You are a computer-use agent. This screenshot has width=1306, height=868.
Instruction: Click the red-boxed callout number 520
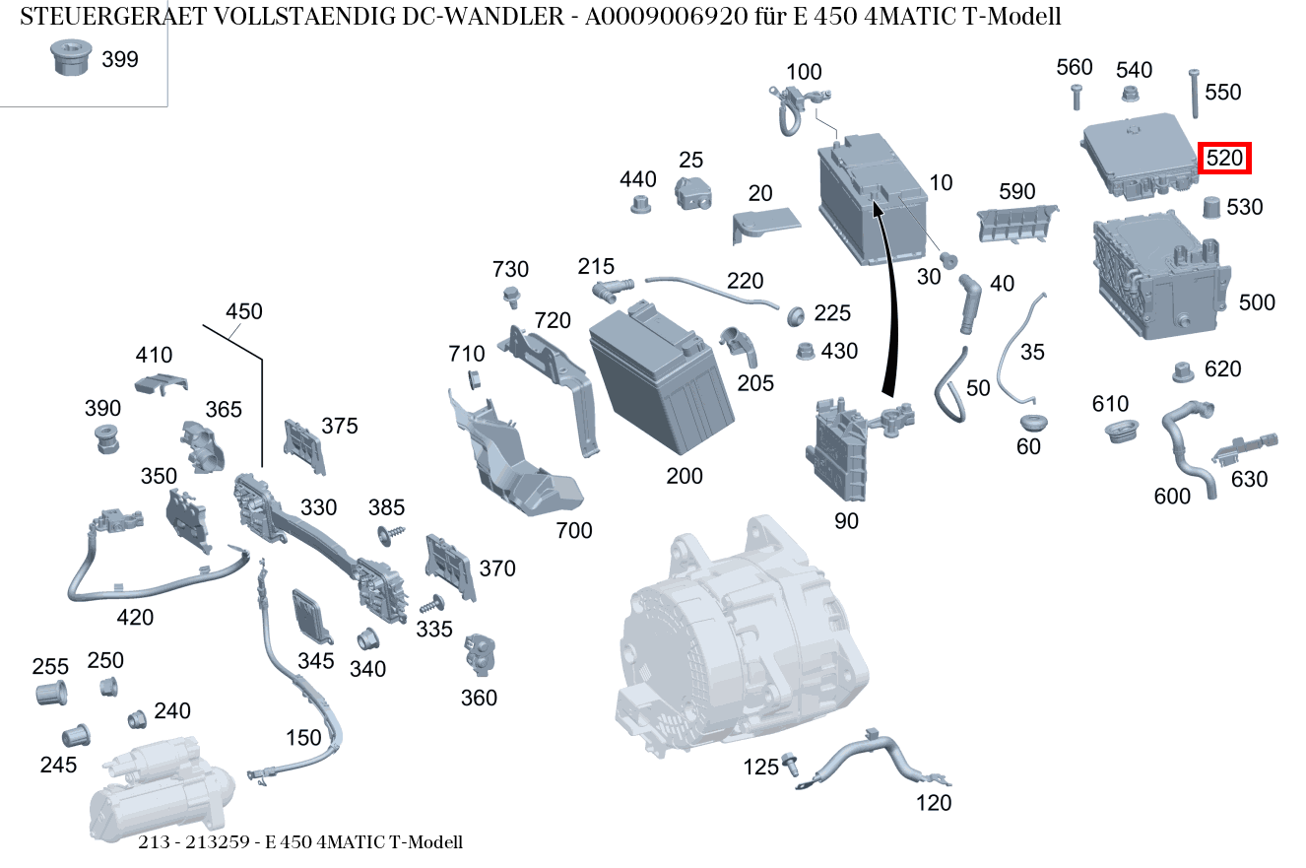1224,158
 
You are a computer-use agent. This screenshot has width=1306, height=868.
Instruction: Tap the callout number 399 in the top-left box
120,60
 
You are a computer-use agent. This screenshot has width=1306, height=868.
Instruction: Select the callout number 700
573,531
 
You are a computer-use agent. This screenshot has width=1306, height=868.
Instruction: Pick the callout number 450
243,311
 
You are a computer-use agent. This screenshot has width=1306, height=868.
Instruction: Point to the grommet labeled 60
1031,423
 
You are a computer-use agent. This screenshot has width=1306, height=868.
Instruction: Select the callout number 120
933,803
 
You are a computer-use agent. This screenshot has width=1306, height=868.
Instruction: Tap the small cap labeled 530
1212,207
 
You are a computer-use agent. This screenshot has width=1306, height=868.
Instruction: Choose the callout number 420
135,618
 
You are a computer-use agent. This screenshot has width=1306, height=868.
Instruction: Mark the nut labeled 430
804,351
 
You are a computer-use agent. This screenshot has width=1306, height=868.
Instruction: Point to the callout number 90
846,521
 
